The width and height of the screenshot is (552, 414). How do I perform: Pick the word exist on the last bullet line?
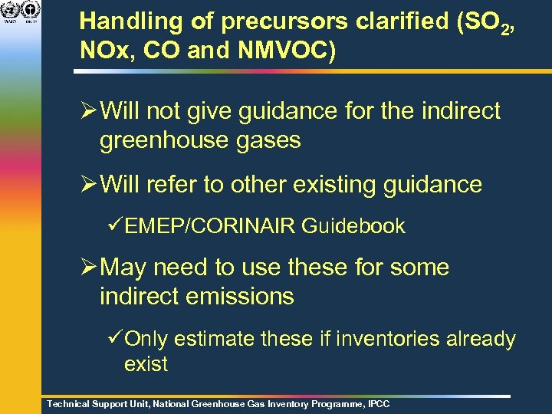pos(146,363)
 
